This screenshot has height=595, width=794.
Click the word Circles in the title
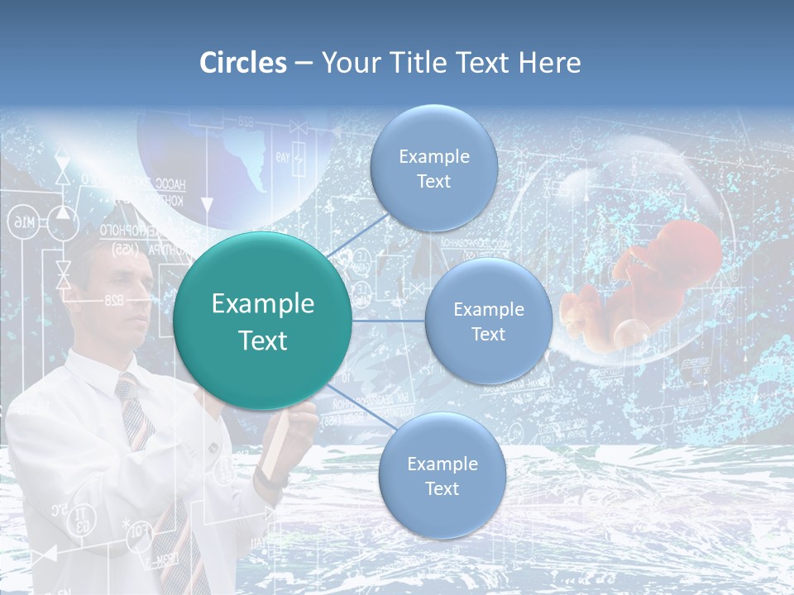(x=243, y=63)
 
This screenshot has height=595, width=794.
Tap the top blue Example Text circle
(x=433, y=168)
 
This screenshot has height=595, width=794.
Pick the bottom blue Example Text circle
(x=442, y=475)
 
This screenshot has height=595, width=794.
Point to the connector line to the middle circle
(x=388, y=321)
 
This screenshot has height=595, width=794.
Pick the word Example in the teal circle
(x=263, y=304)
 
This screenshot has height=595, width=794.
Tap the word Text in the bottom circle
(x=442, y=488)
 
